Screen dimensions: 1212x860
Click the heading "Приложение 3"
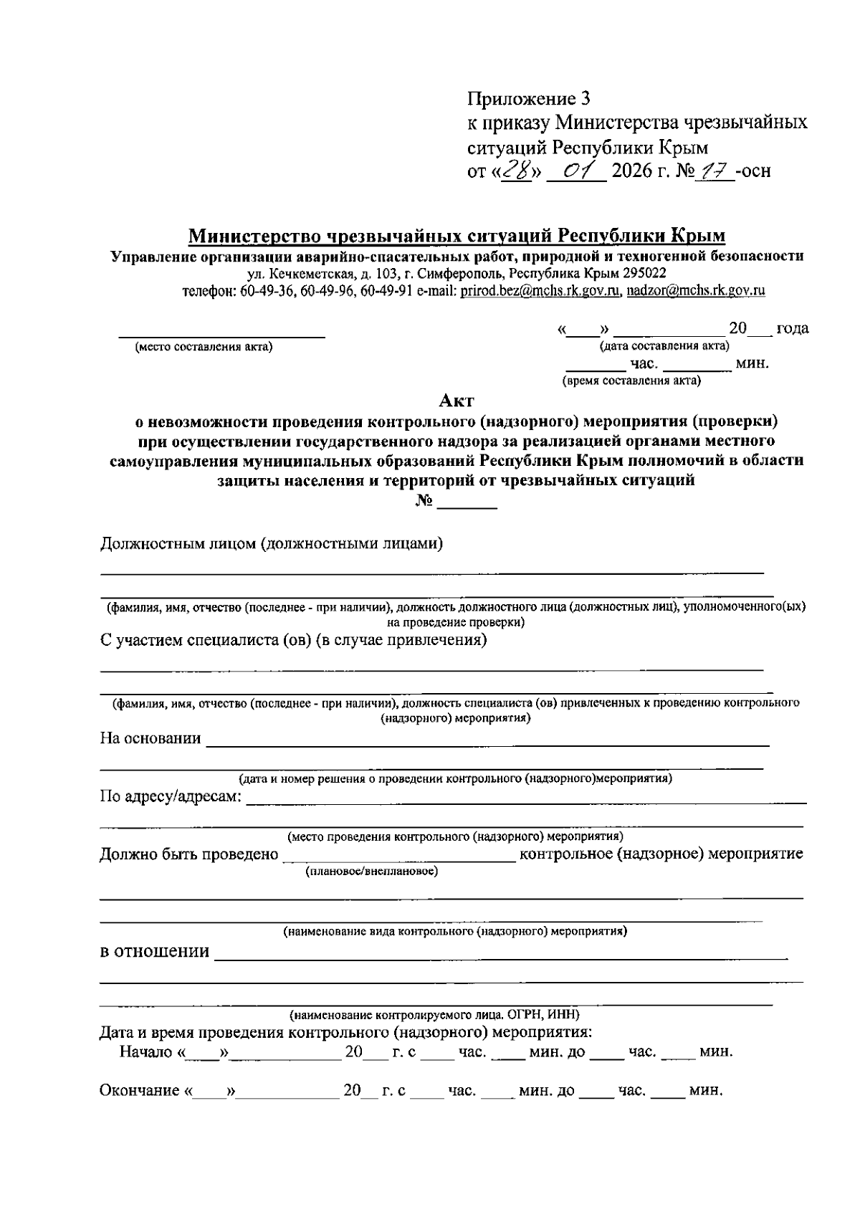pos(529,97)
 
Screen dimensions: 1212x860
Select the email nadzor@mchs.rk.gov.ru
pos(696,291)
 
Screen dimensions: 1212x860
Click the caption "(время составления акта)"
pos(631,381)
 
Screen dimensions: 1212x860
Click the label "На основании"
pos(150,738)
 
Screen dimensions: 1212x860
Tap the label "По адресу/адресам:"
pos(171,797)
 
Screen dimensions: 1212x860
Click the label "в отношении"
pos(154,952)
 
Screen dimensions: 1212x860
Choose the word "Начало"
pos(146,1052)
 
